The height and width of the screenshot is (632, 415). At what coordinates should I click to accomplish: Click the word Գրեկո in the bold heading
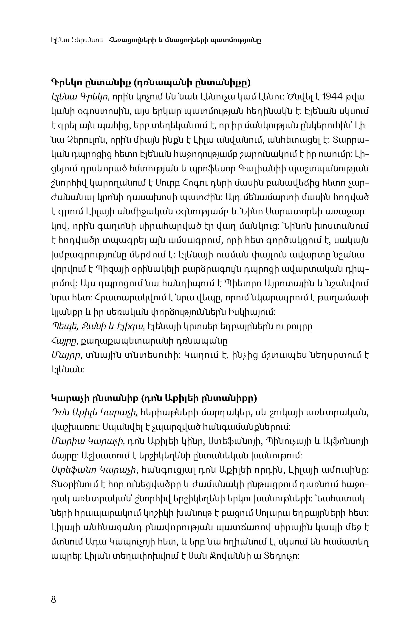[63, 83]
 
